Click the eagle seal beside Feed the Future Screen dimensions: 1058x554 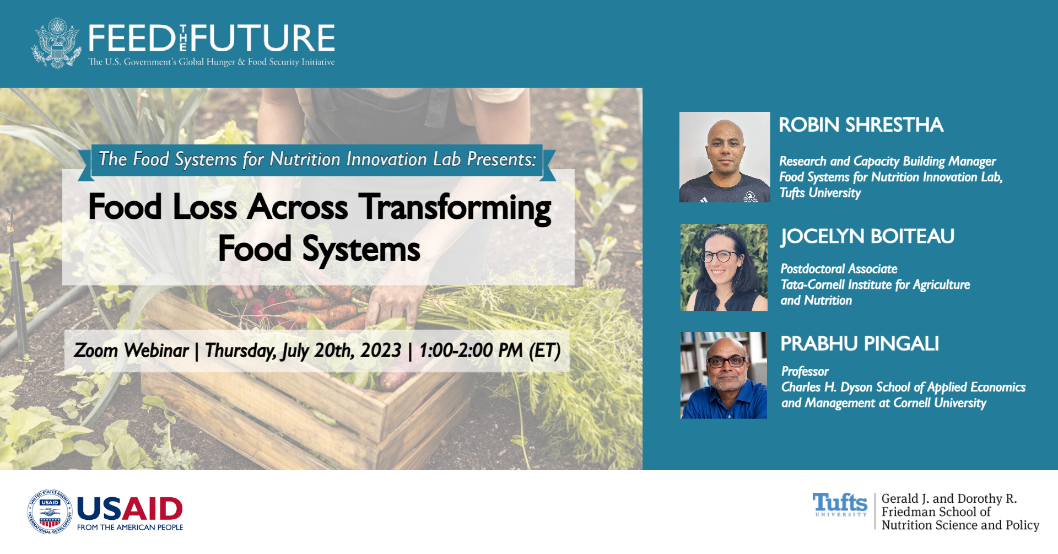coord(57,43)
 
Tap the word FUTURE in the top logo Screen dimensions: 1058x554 coord(263,38)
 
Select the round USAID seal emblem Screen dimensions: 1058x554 coord(50,512)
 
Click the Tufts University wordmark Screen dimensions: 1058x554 coord(840,504)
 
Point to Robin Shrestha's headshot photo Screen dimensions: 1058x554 coord(725,157)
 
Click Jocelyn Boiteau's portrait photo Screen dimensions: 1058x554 coord(724,267)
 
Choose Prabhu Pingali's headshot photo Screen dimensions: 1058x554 coord(724,375)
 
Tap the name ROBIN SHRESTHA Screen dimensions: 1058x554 coord(861,125)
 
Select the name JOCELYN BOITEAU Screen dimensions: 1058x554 coord(867,236)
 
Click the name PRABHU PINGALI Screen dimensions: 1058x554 coord(860,343)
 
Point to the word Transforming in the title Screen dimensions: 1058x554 coord(455,208)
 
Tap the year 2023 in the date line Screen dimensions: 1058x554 coord(380,350)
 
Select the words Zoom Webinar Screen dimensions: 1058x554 coord(131,350)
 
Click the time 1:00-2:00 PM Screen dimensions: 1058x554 coord(471,350)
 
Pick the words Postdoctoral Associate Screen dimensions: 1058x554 coord(839,269)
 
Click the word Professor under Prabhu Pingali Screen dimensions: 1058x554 coord(805,372)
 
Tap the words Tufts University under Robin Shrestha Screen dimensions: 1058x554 coord(820,193)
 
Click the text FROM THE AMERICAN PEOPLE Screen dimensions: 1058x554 coord(130,528)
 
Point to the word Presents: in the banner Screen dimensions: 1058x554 coord(501,159)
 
